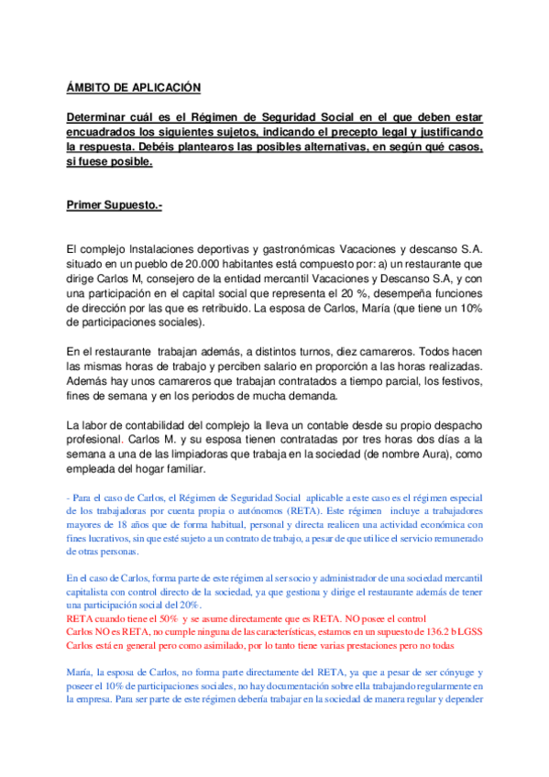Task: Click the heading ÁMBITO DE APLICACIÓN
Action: tap(133, 88)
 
